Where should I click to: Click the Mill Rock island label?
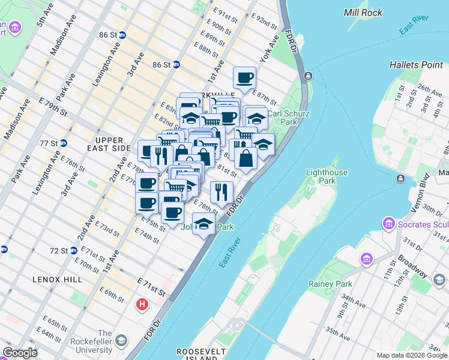click(364, 12)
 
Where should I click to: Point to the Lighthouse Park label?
click(327, 176)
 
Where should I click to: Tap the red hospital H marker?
click(142, 305)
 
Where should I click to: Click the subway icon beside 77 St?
click(63, 143)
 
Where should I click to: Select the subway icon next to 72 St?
click(73, 250)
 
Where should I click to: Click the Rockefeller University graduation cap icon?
click(121, 341)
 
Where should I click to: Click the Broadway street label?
click(414, 267)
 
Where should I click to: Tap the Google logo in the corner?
click(20, 353)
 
